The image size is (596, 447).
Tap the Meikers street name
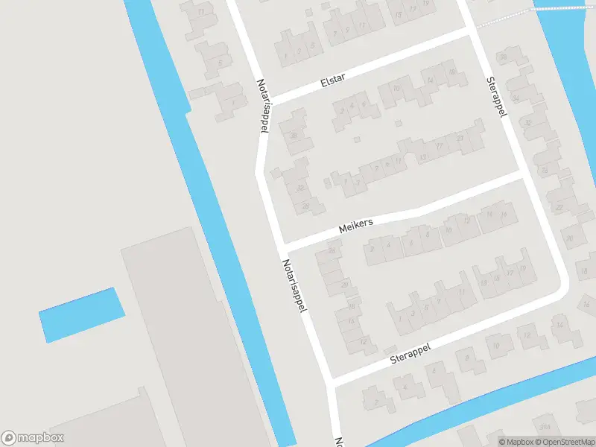click(x=355, y=224)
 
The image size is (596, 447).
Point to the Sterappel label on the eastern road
click(x=496, y=96)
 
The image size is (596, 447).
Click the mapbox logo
click(x=33, y=438)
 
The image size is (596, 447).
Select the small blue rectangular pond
click(x=81, y=314)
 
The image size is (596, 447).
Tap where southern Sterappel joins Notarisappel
click(x=330, y=381)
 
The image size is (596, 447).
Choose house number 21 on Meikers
click(x=460, y=137)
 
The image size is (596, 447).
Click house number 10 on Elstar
click(x=396, y=89)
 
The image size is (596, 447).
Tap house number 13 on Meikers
click(x=422, y=157)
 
